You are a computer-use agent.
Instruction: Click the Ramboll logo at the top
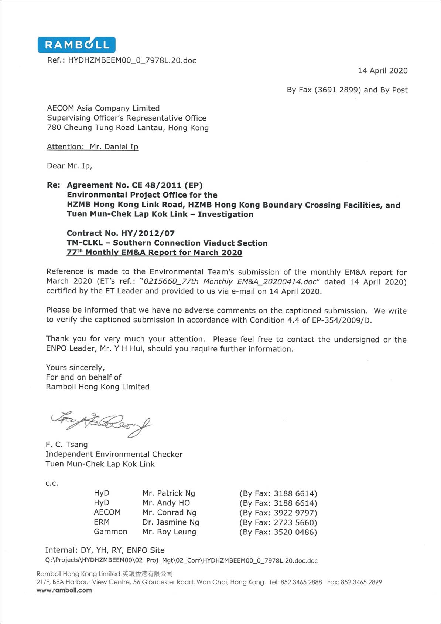click(x=76, y=45)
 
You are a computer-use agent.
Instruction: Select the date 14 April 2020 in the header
click(x=383, y=71)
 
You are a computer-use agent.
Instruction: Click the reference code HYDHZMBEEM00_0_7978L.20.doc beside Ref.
click(x=132, y=60)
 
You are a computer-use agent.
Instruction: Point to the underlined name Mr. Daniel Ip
click(x=114, y=147)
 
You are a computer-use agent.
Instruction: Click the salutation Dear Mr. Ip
click(x=69, y=166)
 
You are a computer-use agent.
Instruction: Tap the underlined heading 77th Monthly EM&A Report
click(x=154, y=253)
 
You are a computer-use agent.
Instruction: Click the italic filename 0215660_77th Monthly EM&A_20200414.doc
click(x=230, y=282)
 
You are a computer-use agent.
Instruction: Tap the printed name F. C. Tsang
click(x=66, y=445)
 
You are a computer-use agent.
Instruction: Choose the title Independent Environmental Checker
click(x=114, y=454)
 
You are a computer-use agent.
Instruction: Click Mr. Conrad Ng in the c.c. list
click(x=169, y=513)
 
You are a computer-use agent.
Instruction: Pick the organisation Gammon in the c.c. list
click(x=110, y=532)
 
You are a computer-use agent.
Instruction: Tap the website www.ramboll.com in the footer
click(x=64, y=590)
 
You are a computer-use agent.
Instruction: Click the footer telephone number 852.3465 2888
click(x=301, y=582)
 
